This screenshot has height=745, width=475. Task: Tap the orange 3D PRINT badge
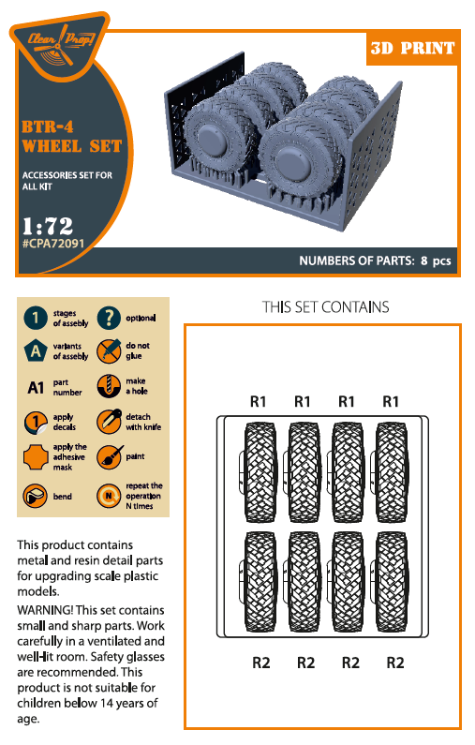tap(412, 49)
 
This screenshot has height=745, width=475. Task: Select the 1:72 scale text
tap(47, 226)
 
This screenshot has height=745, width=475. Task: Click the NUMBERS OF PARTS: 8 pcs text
tap(375, 261)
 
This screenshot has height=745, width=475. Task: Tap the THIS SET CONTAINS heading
tap(325, 307)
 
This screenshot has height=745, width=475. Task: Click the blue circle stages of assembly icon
tap(35, 319)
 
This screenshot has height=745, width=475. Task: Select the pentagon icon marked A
tap(35, 351)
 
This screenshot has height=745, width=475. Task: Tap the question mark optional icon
tap(109, 319)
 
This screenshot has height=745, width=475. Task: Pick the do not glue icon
tap(109, 351)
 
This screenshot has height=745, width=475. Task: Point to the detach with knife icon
tap(109, 422)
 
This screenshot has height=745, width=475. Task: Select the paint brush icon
tap(109, 457)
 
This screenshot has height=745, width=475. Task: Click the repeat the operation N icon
tap(109, 494)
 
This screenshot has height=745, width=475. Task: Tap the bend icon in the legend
tap(35, 494)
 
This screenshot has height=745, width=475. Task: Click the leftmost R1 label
tap(259, 401)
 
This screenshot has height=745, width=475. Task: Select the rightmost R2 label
tap(395, 663)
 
